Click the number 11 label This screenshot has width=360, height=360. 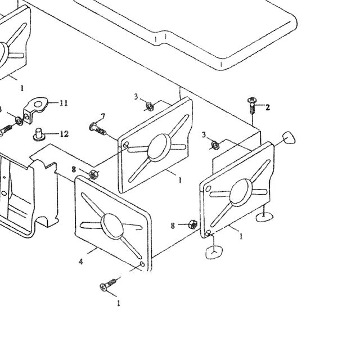pos(64,103)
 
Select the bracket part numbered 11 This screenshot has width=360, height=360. pos(35,110)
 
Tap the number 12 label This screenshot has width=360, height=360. pos(64,134)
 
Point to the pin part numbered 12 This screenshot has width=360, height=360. pos(39,134)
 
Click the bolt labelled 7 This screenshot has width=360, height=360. pos(97,129)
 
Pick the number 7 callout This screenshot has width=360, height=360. pos(103,116)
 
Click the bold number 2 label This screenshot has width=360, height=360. pos(268,107)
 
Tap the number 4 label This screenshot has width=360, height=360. pos(80,262)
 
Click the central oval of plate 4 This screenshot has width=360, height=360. pos(112,226)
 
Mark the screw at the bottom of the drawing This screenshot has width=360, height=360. pos(110,284)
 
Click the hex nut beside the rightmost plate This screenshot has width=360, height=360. pos(193,224)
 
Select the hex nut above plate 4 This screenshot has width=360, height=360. pos(93,174)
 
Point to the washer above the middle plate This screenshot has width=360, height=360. pos(150,106)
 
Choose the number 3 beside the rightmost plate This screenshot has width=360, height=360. pos(204,135)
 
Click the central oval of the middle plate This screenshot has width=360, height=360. pos(159,147)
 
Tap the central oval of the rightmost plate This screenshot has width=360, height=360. pos(241,192)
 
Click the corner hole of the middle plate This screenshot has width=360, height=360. pos(126,145)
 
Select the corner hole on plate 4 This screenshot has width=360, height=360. pos(142,264)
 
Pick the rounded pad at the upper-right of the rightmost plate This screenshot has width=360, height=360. pos(289,138)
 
